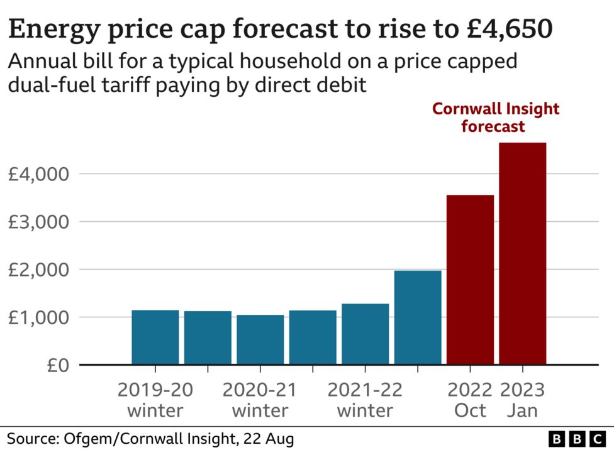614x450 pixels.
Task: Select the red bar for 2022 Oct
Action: [470, 280]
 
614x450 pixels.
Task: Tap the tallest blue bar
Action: [418, 317]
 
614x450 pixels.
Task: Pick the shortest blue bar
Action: [260, 339]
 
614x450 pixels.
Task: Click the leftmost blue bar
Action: [155, 337]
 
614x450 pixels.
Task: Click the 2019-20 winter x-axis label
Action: [155, 400]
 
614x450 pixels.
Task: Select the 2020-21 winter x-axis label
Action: [260, 400]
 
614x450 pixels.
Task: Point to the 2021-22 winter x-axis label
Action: [365, 400]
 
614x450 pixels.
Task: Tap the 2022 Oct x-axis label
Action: [470, 400]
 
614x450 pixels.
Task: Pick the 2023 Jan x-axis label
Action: [522, 400]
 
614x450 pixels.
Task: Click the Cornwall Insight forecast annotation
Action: [495, 117]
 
